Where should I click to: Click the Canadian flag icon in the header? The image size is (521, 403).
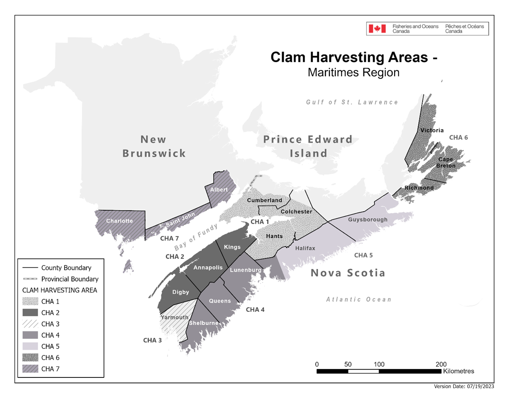[374, 29]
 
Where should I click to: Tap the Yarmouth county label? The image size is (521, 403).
[174, 317]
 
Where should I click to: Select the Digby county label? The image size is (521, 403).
[181, 292]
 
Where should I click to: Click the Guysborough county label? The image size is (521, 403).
[368, 220]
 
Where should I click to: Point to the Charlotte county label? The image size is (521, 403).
[119, 221]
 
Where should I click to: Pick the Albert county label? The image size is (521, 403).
[219, 190]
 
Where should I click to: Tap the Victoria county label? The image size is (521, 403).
[432, 131]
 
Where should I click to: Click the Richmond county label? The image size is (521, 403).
[420, 188]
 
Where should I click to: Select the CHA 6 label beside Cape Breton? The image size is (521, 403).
[458, 138]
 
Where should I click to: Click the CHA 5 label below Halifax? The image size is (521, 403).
[363, 255]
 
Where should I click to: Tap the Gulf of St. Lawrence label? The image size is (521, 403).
[352, 102]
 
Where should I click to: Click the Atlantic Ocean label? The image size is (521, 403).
[358, 299]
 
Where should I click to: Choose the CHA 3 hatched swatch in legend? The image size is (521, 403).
[30, 324]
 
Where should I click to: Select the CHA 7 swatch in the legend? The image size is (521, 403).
[30, 369]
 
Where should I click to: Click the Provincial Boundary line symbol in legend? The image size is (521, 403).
[30, 279]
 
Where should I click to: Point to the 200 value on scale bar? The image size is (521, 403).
[441, 364]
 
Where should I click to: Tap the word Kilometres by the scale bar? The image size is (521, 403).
[458, 371]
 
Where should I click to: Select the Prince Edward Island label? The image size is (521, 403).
[308, 146]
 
